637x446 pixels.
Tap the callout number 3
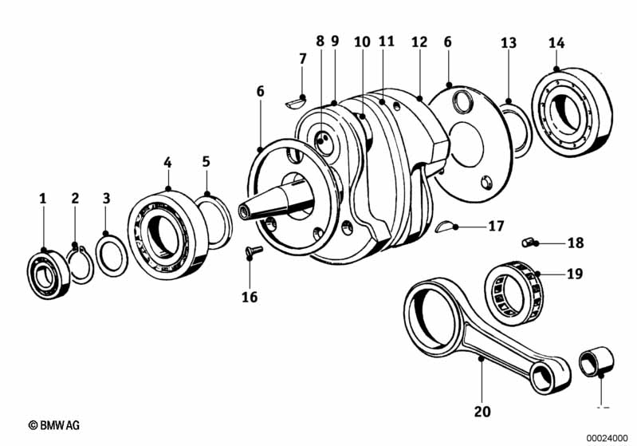pos(106,197)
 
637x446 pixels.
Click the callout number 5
pos(206,162)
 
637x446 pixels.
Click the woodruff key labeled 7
pos(296,102)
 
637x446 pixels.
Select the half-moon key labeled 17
pos(450,228)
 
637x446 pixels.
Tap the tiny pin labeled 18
pos(528,242)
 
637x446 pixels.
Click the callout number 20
pos(482,412)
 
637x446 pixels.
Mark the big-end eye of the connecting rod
pos(434,308)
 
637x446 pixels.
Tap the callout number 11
pos(387,41)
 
